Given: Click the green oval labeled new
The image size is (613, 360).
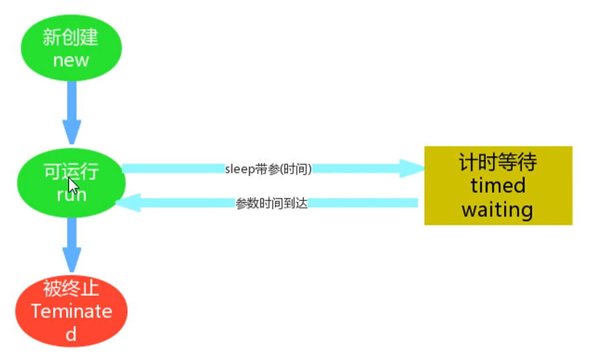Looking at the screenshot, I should coord(71,49).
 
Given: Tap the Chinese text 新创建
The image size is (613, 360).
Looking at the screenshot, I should coord(71,38).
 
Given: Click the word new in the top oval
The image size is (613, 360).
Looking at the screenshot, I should coord(71,61).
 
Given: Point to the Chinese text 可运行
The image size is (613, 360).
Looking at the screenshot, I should coord(71,173).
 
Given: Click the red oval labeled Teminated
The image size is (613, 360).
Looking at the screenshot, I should coord(71,311).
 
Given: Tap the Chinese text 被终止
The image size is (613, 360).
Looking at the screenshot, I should coord(71,289).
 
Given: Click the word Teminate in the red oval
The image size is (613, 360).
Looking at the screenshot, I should coord(71,311).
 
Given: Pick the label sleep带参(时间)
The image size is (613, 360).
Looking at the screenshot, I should coord(268,169).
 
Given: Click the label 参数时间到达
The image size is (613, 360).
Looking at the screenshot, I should coord(272,203).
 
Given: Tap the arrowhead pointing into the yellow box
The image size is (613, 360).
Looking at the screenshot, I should coord(414,168).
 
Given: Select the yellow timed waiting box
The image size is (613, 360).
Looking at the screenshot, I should coord(498,186).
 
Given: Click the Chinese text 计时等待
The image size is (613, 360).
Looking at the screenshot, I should coord(498,163).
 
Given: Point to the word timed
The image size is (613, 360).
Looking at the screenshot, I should coord(498,186).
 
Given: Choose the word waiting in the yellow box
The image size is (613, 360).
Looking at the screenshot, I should coord(497,210).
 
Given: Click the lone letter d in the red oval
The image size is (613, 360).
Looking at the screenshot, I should coord(71,333).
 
